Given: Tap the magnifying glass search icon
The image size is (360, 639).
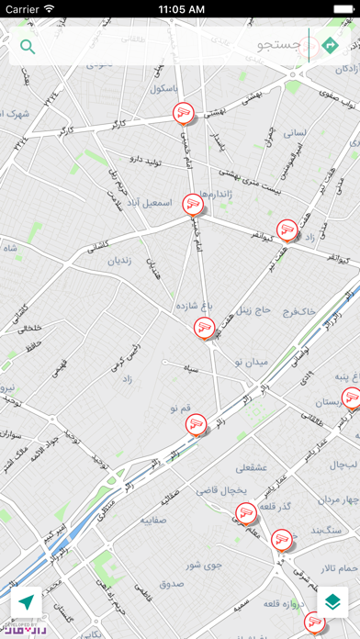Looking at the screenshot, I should pos(28,47).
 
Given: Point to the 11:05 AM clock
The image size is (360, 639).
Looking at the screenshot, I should pos(180,8).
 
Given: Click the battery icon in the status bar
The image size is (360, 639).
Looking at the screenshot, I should pos(339,8).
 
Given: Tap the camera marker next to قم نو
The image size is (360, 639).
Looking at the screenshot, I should pos(194,423).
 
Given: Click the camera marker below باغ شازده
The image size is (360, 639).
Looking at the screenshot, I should pos(205,326).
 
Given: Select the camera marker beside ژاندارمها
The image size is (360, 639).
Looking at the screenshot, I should pos(192,204).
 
